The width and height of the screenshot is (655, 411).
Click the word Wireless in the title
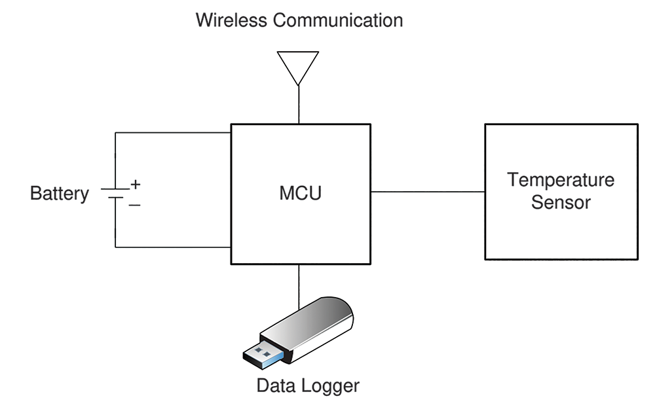[231, 20]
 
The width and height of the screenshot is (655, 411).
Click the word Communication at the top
[338, 20]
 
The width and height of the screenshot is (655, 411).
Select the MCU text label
[301, 193]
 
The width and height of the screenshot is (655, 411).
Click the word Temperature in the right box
[561, 180]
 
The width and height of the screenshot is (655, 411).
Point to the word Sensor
[561, 202]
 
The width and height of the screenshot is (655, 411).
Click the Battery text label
[60, 193]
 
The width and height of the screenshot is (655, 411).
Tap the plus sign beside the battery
[136, 184]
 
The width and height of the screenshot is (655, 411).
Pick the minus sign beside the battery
[134, 205]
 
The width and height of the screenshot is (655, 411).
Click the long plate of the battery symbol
[115, 189]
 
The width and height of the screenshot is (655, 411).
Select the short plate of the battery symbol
[115, 198]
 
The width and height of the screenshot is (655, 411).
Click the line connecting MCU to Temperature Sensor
[428, 192]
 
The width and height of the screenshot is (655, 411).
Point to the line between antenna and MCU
[299, 105]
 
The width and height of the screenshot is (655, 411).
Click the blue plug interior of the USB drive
[264, 355]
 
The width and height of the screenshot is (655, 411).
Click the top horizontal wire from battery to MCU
[173, 133]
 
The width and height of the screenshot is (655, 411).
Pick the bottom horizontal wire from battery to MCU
[173, 247]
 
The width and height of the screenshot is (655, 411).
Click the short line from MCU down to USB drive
[299, 287]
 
